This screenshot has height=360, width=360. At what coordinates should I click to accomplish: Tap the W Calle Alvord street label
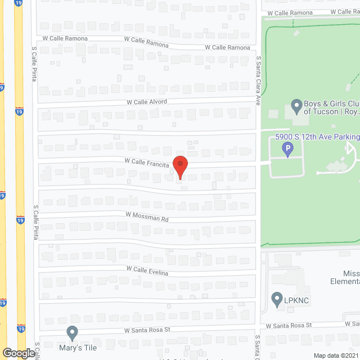point(147,102)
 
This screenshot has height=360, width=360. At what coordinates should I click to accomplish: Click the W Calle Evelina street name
point(147,271)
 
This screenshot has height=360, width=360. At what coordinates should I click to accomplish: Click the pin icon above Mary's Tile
point(72,333)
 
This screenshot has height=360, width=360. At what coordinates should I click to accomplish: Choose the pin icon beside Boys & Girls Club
point(296,106)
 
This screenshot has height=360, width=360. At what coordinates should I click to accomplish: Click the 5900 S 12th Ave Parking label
point(317,137)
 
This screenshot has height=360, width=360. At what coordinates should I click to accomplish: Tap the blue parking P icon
point(287,150)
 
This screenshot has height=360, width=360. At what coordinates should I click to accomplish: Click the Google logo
point(18,353)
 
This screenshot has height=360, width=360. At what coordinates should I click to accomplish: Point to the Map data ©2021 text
point(336,355)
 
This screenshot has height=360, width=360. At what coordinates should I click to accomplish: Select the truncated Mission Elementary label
point(344,277)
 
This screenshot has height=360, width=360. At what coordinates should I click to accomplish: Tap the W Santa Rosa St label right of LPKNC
point(289,326)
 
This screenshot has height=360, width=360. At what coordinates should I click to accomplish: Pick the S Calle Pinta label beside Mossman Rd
point(35,222)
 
